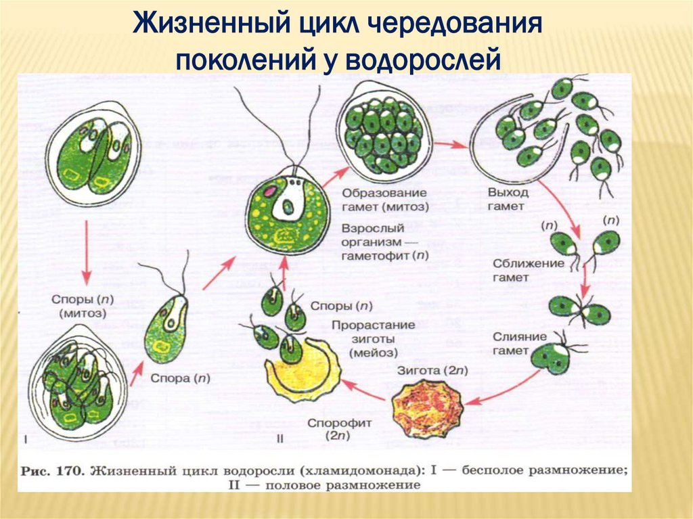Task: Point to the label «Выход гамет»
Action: [505, 200]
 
